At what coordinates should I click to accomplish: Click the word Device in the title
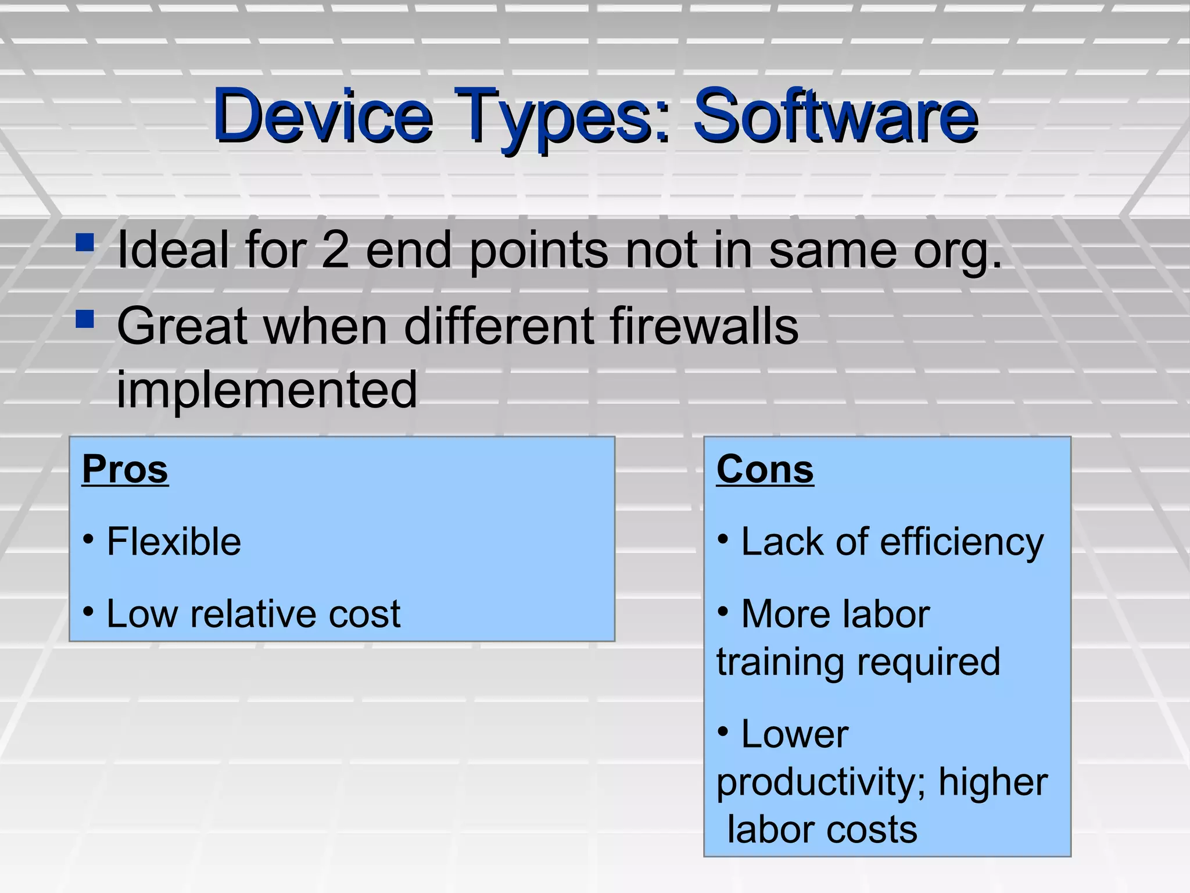[x=322, y=116]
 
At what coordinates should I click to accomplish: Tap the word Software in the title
[x=836, y=116]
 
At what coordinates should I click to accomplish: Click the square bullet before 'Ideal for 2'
[x=85, y=242]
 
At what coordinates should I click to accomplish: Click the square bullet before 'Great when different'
[x=85, y=319]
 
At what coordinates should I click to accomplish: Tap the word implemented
[x=267, y=390]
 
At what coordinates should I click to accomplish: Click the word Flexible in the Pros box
[x=174, y=542]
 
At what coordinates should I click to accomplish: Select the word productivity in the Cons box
[x=822, y=783]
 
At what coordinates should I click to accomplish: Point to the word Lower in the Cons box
[x=794, y=734]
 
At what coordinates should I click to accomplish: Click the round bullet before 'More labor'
[x=723, y=611]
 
